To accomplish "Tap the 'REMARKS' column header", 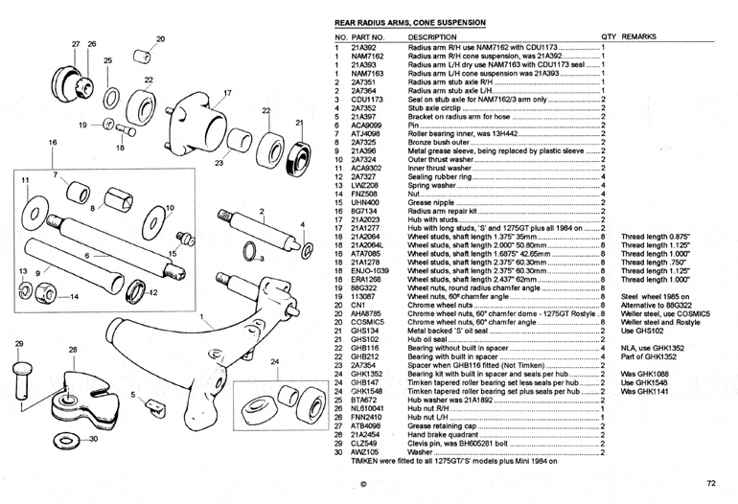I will pos(637,36).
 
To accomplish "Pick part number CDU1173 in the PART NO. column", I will pos(367,99).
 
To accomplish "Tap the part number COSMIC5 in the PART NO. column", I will pos(369,322).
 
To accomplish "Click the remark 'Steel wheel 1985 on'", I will pos(655,297).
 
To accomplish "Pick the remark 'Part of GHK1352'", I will pos(651,356).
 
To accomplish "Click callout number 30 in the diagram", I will pos(92,438).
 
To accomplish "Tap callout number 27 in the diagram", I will pos(76,44).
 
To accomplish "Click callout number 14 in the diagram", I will pos(75,296).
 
